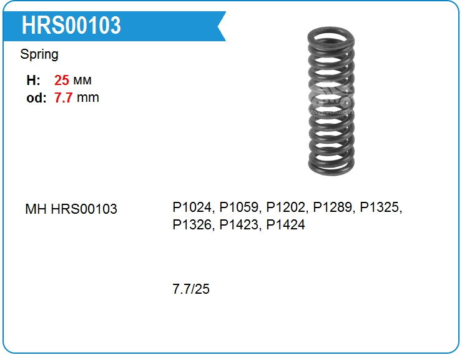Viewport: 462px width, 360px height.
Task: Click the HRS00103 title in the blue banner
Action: click(x=71, y=26)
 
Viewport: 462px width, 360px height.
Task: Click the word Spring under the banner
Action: click(x=39, y=55)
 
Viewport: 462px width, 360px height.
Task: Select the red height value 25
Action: click(x=62, y=80)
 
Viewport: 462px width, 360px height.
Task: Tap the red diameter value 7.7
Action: click(x=63, y=97)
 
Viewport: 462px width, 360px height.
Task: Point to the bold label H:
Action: click(x=33, y=80)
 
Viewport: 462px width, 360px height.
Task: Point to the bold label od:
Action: click(x=37, y=97)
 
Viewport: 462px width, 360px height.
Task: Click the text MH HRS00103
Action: click(x=71, y=209)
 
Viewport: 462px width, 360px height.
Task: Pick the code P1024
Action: click(x=192, y=207)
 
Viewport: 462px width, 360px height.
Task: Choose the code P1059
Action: click(x=239, y=207)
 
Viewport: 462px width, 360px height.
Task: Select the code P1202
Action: click(x=286, y=207)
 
